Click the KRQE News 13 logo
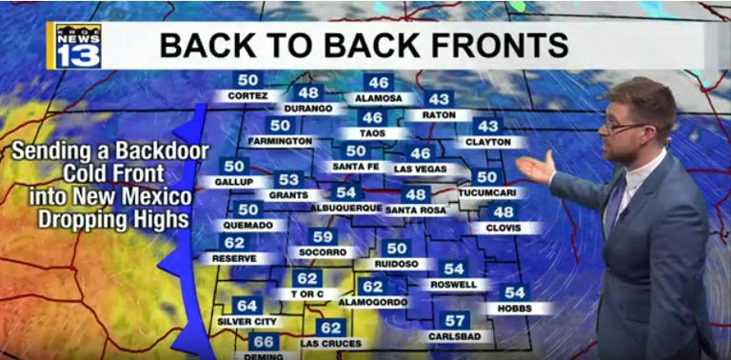77,46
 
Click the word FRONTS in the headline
502,45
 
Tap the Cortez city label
247,96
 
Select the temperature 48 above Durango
308,92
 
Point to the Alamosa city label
379,98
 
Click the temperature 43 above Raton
439,99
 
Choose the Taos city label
372,133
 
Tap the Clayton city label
487,142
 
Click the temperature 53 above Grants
288,179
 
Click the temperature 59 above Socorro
324,236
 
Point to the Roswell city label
454,284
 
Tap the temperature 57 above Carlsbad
456,320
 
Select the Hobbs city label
515,309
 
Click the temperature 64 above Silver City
247,305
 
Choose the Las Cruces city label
330,343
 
